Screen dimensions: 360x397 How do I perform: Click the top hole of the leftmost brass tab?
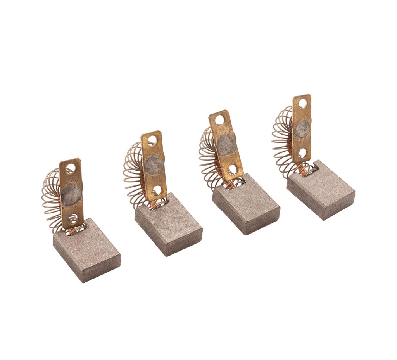point(71,168)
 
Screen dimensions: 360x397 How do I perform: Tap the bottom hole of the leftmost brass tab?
point(72,218)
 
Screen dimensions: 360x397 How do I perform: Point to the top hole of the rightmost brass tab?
point(302,104)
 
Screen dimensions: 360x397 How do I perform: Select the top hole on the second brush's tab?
point(152,140)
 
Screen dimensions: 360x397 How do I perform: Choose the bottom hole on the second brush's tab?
point(157,190)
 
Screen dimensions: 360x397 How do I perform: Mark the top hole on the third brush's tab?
point(220,120)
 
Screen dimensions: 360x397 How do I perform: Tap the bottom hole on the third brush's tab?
point(233,169)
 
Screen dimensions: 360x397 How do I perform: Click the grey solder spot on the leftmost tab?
point(71,195)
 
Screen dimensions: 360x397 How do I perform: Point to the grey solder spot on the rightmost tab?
point(302,129)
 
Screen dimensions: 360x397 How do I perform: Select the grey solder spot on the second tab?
point(154,165)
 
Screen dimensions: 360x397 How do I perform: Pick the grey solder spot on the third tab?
point(226,144)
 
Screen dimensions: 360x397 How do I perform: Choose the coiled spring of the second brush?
point(133,175)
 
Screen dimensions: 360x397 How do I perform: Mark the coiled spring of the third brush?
point(207,155)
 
